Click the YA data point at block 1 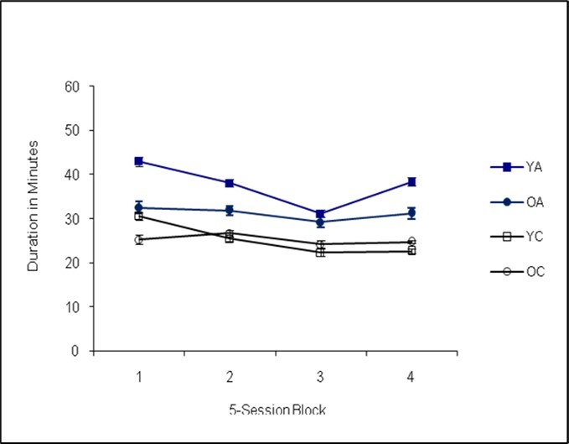[138, 161]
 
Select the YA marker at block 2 [230, 183]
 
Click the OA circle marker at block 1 [138, 207]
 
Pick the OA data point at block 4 [411, 213]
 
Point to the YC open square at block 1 [138, 217]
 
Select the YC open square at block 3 [320, 252]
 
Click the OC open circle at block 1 [138, 239]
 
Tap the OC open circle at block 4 [411, 242]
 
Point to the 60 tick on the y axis [74, 86]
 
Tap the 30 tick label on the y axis [74, 219]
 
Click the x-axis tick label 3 [320, 376]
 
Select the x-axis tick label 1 [138, 376]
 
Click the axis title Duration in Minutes [34, 218]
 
